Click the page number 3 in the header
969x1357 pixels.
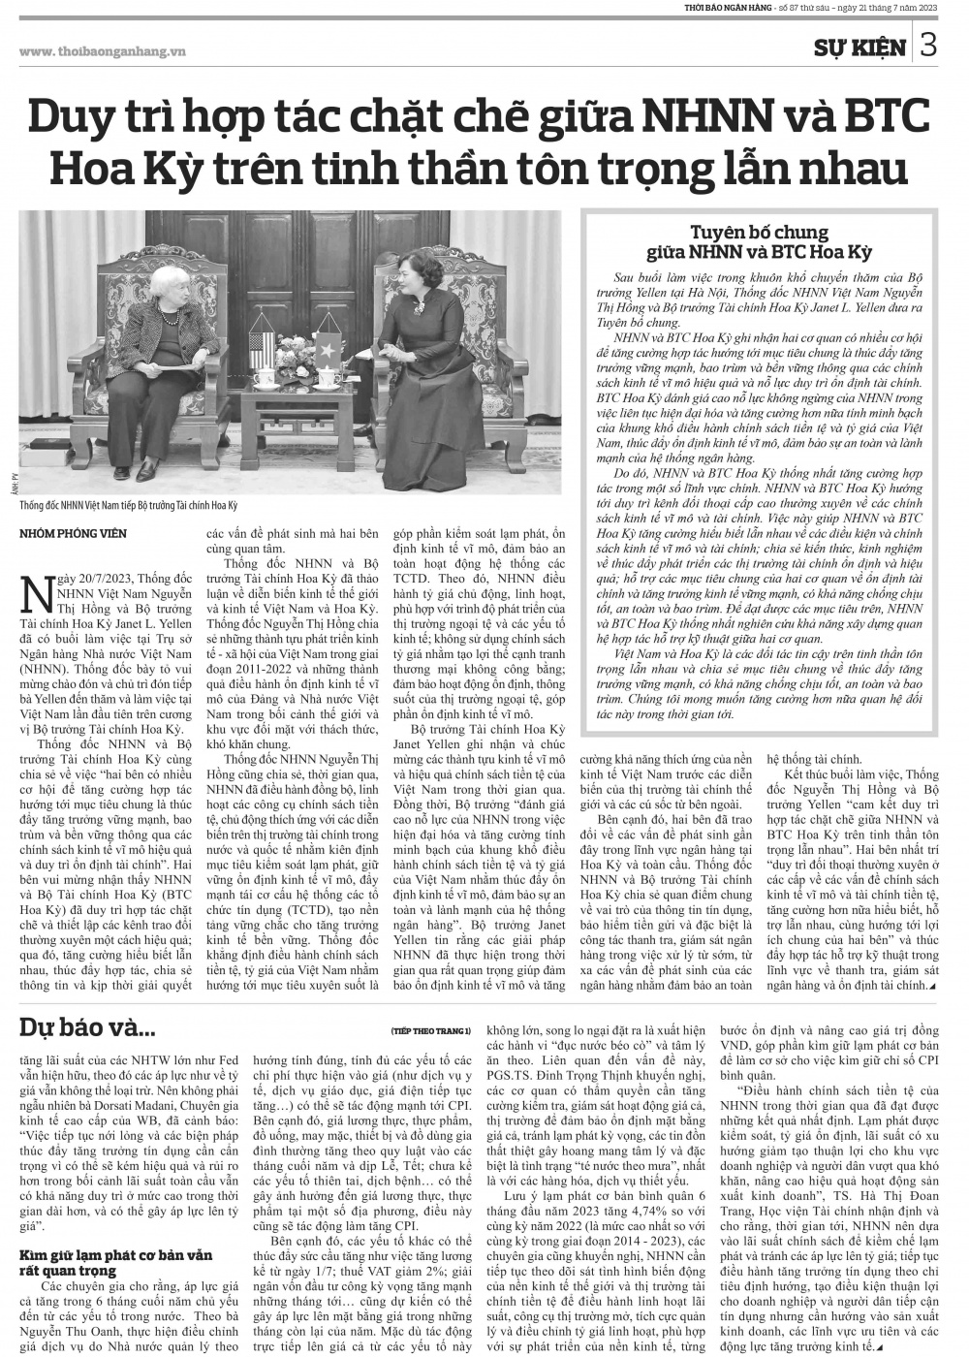point(927,46)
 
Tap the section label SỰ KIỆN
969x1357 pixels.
point(860,47)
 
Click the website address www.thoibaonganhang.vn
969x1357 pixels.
point(102,52)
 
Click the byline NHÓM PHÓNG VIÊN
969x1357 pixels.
point(74,534)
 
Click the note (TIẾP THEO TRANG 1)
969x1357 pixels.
point(432,1029)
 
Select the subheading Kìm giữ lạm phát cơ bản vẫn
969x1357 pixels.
point(116,1255)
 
